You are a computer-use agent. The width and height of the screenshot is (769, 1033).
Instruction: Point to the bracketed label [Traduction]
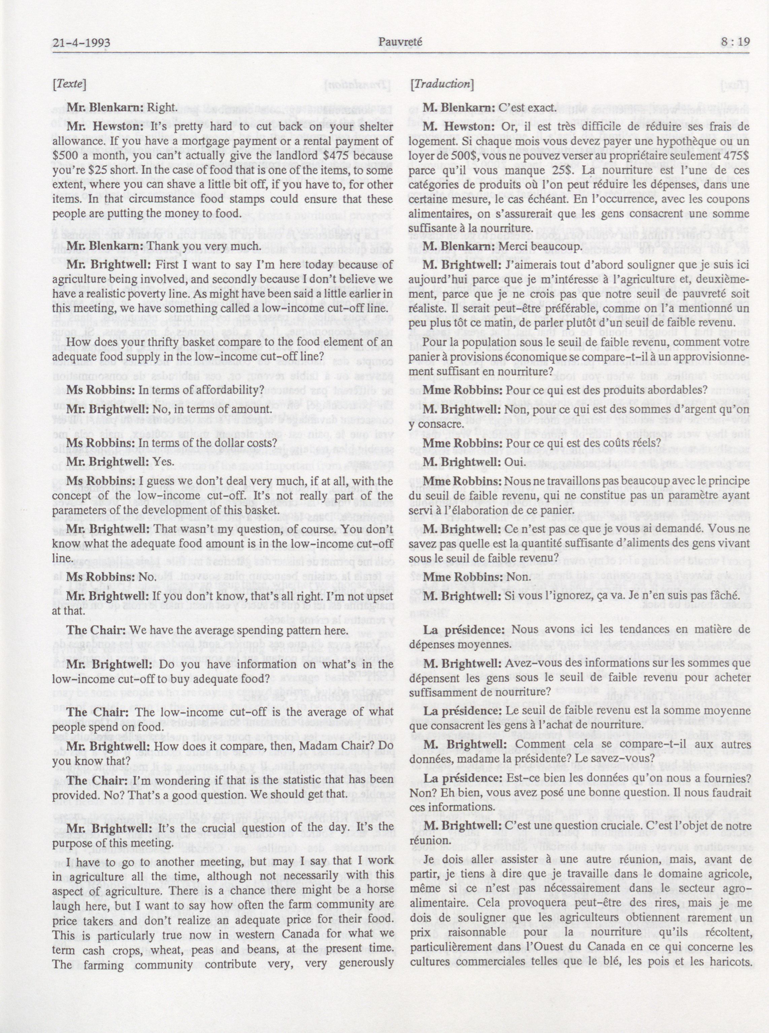[x=441, y=84]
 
